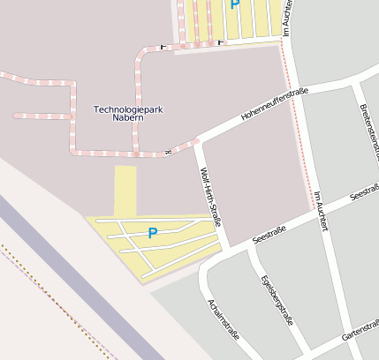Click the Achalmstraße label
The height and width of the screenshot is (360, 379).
coord(223,319)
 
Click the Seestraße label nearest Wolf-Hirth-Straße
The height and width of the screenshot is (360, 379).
coord(269,234)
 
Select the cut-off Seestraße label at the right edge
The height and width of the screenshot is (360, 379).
coord(365,193)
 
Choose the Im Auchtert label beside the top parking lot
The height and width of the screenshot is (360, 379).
coord(287,18)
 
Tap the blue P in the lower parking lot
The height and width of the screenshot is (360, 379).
coord(152,234)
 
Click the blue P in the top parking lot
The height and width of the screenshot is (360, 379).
coord(234,4)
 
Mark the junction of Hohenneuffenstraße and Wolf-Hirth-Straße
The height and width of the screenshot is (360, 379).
coord(198,139)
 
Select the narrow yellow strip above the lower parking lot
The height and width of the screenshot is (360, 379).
coord(125,190)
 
